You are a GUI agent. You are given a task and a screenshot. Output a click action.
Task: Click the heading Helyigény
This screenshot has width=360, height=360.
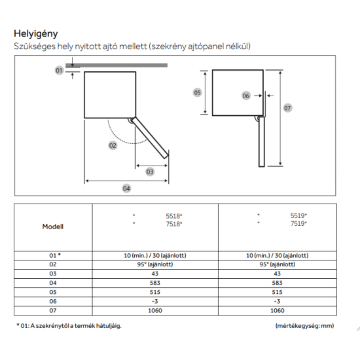pos(36,34)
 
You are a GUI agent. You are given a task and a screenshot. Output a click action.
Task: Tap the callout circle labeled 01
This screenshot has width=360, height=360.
pos(59,70)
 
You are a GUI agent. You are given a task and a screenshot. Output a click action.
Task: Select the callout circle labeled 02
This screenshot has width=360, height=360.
pos(113,145)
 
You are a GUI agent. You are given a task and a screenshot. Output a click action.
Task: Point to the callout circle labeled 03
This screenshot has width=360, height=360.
pos(150,171)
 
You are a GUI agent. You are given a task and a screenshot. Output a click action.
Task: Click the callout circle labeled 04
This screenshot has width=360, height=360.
pos(126,189)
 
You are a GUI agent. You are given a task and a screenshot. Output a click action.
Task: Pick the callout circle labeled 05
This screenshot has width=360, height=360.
pos(197,92)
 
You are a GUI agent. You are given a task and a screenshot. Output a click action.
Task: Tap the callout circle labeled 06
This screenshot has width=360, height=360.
pos(245,96)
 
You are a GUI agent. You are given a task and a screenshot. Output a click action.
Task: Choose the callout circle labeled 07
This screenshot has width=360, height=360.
pos(287,108)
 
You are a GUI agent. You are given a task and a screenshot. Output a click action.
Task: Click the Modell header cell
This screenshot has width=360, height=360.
pos(53,226)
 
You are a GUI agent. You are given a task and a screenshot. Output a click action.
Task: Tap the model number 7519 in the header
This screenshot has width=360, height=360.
pos(298,223)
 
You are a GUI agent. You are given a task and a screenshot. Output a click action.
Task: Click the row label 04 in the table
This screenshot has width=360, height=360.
pos(53,283)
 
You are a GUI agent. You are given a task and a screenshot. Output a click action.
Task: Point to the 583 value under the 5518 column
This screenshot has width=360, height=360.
pos(155,283)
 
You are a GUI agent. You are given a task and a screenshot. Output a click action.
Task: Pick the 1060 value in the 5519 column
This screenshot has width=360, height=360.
pos(277,311)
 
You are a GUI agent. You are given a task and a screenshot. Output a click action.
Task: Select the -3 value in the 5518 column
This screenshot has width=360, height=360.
pos(155,301)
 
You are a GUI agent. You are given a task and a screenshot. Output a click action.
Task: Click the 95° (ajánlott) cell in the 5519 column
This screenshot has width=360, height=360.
pos(277,264)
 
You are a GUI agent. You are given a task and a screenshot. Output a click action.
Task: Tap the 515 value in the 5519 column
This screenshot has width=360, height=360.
pos(277,292)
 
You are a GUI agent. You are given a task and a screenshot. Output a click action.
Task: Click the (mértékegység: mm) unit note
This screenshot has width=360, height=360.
pos(304,326)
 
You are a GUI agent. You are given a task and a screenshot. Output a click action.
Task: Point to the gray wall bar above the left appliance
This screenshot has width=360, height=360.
pos(117,65)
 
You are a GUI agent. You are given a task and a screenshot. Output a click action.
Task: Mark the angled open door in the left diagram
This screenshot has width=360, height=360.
pos(150,137)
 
